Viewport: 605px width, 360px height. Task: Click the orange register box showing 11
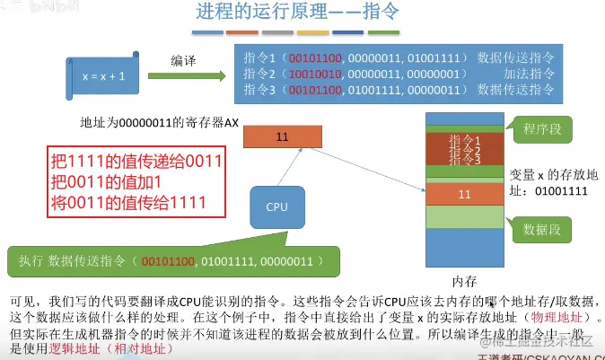pos(282,136)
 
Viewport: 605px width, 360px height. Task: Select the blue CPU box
pos(277,206)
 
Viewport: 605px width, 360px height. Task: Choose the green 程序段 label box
pos(542,129)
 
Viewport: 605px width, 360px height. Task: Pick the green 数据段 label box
pos(542,230)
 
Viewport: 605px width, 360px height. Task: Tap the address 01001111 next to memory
pos(560,191)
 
